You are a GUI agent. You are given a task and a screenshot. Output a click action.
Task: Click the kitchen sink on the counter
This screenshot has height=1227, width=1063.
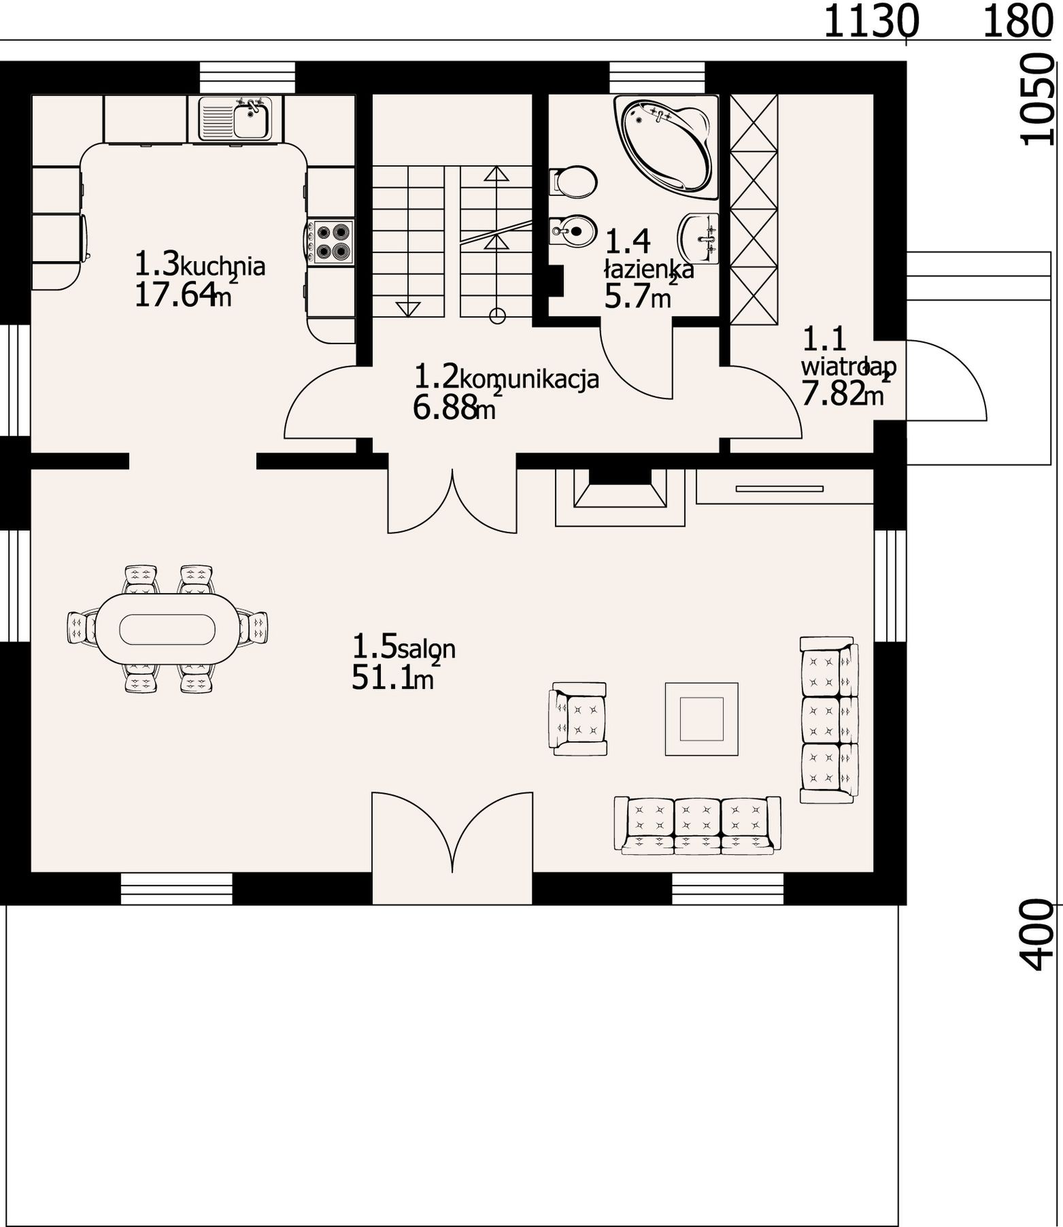point(235,118)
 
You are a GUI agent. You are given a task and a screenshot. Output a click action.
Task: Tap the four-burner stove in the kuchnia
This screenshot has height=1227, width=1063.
point(331,241)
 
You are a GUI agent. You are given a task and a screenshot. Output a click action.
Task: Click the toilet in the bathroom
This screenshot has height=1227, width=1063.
point(573,182)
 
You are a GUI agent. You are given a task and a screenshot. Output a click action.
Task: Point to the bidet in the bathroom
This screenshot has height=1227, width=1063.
point(573,231)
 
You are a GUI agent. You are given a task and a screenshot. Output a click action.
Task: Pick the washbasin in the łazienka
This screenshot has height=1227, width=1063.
point(698,238)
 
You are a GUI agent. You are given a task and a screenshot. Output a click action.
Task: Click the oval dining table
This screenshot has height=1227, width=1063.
point(167,628)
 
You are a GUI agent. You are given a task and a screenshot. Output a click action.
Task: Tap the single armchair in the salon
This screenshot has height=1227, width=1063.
point(578,719)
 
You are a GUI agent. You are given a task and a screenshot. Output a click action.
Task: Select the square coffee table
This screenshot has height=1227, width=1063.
point(702,720)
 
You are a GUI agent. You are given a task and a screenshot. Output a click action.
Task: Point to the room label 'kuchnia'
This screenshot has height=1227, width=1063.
point(222,266)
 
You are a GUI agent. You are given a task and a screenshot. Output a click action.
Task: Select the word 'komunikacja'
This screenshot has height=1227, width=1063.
point(529,378)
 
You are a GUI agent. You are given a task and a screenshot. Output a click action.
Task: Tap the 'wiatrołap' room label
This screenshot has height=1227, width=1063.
point(849,368)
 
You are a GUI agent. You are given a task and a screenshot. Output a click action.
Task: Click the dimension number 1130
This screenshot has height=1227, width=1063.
point(871,21)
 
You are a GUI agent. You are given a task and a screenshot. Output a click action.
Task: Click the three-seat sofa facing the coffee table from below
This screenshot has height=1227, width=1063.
point(698,824)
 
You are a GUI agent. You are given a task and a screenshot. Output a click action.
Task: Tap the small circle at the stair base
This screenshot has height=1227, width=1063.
point(498,315)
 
